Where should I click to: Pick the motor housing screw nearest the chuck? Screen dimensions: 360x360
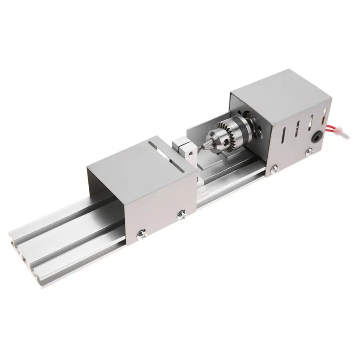point(275,168)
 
